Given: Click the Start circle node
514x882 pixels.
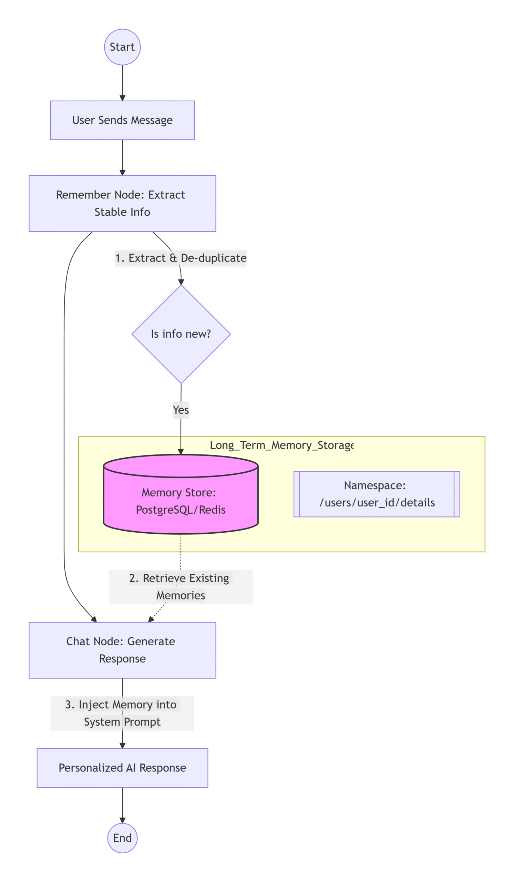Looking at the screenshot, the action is pyautogui.click(x=122, y=47).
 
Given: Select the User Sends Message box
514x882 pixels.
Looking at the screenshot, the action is pyautogui.click(x=122, y=120).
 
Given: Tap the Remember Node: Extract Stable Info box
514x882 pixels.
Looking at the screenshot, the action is pyautogui.click(x=122, y=203).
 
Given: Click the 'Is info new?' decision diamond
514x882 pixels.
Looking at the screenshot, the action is pyautogui.click(x=181, y=334).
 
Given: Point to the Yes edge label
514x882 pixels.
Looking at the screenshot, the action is pyautogui.click(x=181, y=410).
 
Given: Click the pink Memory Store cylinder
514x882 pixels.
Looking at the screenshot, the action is pyautogui.click(x=181, y=494).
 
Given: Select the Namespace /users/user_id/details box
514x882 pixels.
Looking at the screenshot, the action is pyautogui.click(x=377, y=494).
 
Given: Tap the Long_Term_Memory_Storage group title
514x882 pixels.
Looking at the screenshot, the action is pyautogui.click(x=281, y=445).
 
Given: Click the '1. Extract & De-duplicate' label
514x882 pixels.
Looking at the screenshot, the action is pyautogui.click(x=181, y=258).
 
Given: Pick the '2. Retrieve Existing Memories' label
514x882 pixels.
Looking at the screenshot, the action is pyautogui.click(x=181, y=587).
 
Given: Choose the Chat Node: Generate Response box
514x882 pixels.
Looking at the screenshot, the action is pyautogui.click(x=122, y=650).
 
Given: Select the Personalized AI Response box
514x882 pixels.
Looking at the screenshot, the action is pyautogui.click(x=122, y=768).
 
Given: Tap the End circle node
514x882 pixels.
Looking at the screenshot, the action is pyautogui.click(x=122, y=838).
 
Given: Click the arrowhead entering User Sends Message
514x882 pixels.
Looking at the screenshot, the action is pyautogui.click(x=122, y=98).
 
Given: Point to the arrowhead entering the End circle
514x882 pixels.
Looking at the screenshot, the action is pyautogui.click(x=122, y=820).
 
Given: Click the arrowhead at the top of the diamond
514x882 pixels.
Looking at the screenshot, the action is pyautogui.click(x=181, y=282).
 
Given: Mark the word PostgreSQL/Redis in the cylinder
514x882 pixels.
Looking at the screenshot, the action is pyautogui.click(x=181, y=510).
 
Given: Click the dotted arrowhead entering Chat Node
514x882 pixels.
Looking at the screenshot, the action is pyautogui.click(x=151, y=619).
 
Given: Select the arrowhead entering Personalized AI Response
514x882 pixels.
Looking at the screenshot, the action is pyautogui.click(x=122, y=746).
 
